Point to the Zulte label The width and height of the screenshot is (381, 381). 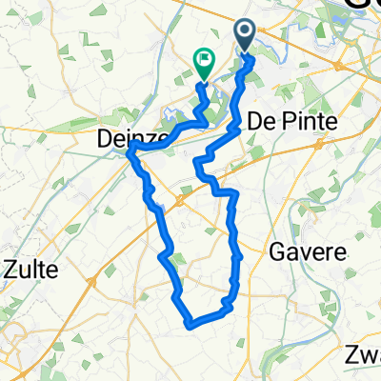(31, 270)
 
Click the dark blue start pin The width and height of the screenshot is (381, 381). (245, 36)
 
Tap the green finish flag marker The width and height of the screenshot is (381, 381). (204, 62)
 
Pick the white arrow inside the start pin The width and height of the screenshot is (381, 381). (245, 34)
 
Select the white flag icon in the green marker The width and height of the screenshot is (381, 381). (204, 59)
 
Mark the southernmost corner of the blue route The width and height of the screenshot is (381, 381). (191, 325)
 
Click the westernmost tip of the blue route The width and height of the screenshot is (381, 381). (129, 153)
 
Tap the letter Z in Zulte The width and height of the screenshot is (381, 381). (10, 270)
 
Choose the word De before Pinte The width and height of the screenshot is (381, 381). (259, 121)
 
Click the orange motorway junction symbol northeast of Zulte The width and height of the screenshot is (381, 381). (93, 282)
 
